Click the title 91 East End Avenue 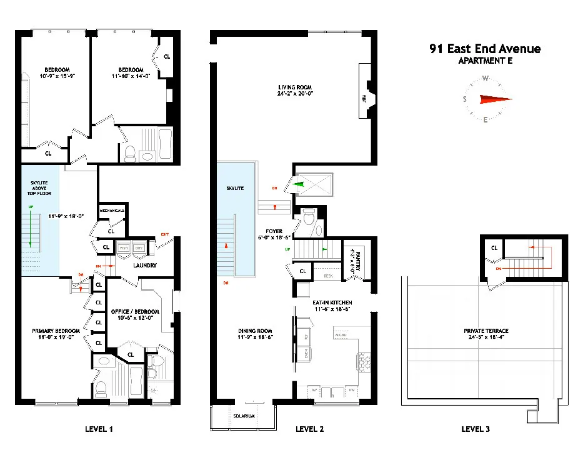[485, 49]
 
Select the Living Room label [295, 87]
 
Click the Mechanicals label [112, 211]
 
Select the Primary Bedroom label [56, 331]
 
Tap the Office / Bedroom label [136, 312]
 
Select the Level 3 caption [476, 429]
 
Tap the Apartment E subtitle [485, 61]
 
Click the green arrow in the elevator [300, 184]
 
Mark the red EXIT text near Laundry [165, 234]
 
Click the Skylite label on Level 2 [235, 187]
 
